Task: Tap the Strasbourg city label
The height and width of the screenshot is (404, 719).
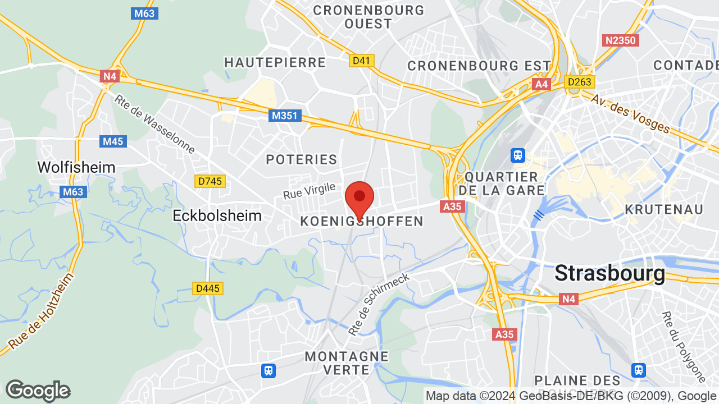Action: (x=609, y=273)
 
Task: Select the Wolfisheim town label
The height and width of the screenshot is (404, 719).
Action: (x=76, y=167)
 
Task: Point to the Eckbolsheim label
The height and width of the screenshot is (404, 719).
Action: (x=217, y=215)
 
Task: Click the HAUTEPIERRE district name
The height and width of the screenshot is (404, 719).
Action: (x=275, y=62)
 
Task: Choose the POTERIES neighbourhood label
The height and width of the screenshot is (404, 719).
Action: (x=302, y=159)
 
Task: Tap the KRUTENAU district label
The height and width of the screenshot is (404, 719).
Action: (x=664, y=209)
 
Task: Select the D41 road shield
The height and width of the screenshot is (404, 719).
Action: (x=362, y=60)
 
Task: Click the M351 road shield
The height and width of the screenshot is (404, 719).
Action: (x=285, y=116)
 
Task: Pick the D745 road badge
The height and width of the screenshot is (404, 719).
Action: (x=210, y=181)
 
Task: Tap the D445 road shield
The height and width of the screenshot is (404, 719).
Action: (x=208, y=288)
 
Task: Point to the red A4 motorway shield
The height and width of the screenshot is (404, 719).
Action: (x=541, y=84)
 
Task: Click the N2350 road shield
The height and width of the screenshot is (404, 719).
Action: (x=621, y=40)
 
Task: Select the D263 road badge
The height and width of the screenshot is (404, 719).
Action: (x=580, y=82)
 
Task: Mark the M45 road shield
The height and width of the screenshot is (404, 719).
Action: (x=113, y=141)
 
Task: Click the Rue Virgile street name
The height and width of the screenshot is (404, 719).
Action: (x=309, y=191)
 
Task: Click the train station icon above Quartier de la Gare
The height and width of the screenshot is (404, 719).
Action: (x=517, y=154)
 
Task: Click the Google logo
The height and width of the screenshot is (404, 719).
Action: (x=38, y=391)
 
